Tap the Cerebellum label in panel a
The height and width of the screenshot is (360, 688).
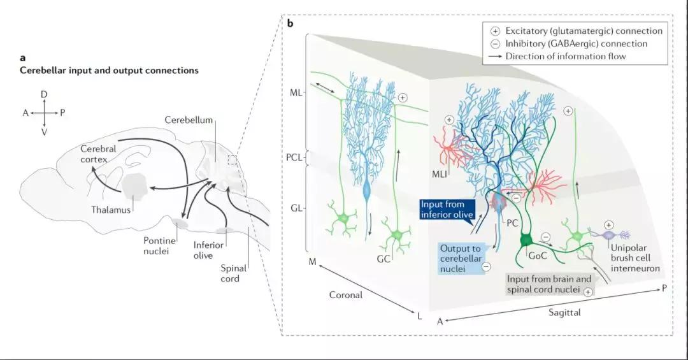(x=188, y=120)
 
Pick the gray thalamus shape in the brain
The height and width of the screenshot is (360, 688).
(x=135, y=185)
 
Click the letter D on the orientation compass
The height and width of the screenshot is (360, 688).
(x=44, y=94)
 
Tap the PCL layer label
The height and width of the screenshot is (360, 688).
(x=295, y=155)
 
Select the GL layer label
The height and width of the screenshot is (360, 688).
(x=297, y=208)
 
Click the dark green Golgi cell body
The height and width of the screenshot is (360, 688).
(x=526, y=240)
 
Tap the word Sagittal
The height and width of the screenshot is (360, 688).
(x=564, y=313)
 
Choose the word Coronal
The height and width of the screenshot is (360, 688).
(x=346, y=295)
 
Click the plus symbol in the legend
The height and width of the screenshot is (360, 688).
(x=495, y=31)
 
